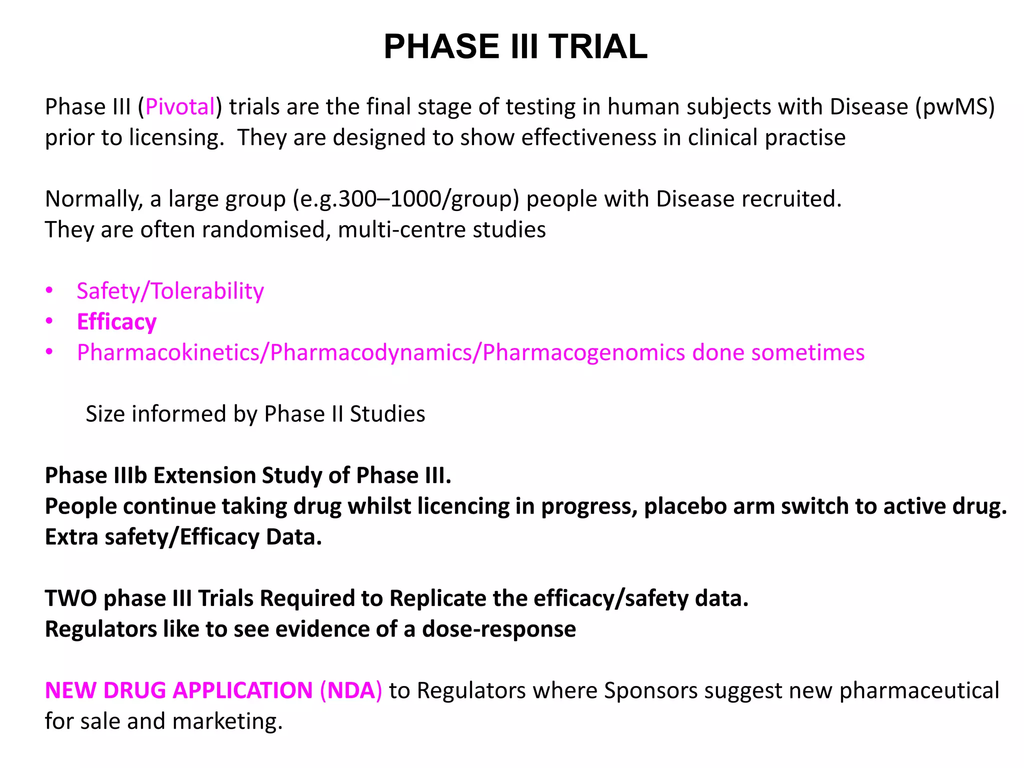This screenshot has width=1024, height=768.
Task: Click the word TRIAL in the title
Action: click(x=597, y=46)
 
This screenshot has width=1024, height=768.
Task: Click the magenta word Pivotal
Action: click(x=180, y=107)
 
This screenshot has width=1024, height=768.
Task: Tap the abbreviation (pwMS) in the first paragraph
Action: click(x=955, y=107)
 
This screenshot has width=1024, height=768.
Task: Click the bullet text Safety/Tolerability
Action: click(x=170, y=291)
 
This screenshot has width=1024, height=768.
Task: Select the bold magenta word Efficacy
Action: click(x=116, y=322)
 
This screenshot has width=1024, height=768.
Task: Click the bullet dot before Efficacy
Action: click(x=49, y=321)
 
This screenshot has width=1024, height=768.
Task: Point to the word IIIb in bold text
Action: click(x=130, y=475)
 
